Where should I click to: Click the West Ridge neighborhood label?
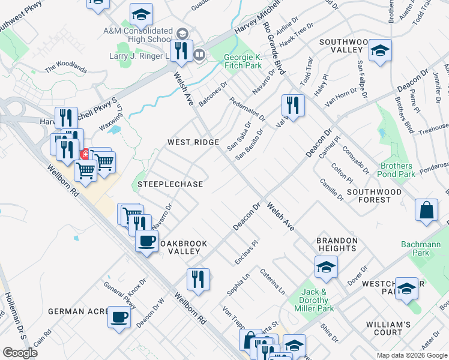click(193, 142)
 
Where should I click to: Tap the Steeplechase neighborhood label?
click(170, 184)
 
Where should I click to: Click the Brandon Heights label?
click(337, 244)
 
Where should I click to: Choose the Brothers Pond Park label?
click(397, 170)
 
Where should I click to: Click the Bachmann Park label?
click(425, 248)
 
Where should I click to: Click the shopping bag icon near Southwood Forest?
click(427, 211)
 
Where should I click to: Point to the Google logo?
click(20, 353)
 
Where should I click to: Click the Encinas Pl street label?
click(246, 252)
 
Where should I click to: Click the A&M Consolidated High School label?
click(137, 35)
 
